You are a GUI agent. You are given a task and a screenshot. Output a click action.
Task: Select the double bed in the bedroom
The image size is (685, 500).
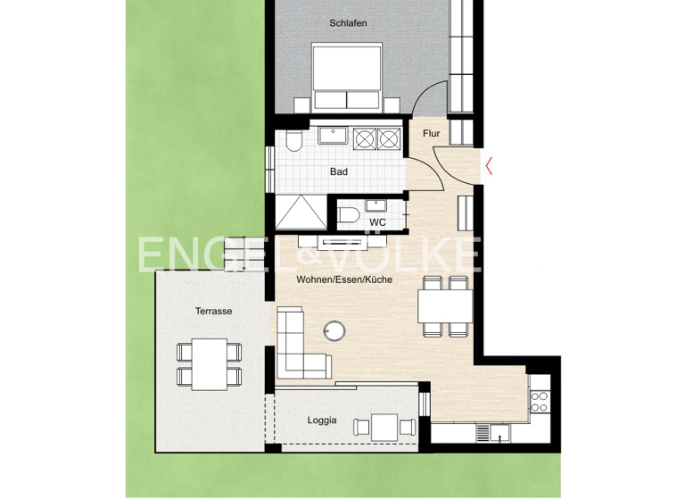point(347,78)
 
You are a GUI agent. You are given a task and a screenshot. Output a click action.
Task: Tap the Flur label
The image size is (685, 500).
point(432,134)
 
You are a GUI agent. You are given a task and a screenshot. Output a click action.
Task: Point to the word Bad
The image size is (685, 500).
point(338,171)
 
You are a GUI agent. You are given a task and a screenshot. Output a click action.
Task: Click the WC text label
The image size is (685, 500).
point(378,221)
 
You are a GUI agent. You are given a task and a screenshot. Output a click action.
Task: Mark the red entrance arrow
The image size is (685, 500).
point(489,163)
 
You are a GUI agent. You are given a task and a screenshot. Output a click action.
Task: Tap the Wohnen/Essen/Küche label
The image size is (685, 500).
point(345,279)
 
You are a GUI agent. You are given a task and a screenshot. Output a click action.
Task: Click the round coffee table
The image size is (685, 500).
point(337,331)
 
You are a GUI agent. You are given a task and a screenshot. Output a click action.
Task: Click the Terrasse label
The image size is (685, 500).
point(214,311)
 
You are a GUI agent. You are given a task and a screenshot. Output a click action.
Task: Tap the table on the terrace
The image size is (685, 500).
point(210,363)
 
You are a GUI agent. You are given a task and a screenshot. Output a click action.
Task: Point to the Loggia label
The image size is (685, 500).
point(322,420)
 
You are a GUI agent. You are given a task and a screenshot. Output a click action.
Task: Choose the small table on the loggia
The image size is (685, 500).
point(385,426)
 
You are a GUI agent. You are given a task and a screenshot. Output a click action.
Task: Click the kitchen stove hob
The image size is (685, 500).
point(539,400)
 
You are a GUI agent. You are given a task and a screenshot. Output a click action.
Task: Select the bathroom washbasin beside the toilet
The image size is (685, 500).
point(334,137)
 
